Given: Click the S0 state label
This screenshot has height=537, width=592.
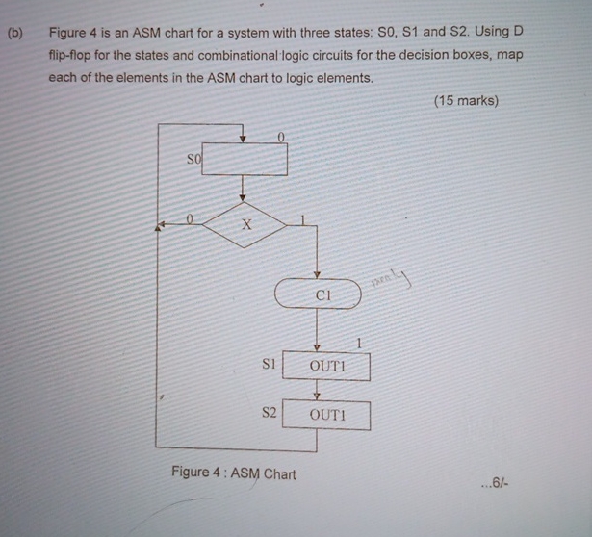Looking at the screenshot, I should click(x=193, y=158).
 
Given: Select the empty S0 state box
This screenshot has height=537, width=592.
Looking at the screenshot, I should click(x=245, y=160).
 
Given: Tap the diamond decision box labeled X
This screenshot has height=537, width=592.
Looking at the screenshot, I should click(x=245, y=224).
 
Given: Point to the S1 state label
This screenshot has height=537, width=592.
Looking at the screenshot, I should click(x=270, y=365).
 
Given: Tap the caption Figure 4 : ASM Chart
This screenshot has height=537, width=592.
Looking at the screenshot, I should click(x=233, y=473).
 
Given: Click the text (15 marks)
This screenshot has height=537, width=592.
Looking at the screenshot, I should click(x=466, y=100).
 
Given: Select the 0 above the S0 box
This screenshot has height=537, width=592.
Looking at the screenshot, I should click(x=280, y=138).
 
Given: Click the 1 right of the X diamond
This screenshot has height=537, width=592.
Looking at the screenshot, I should click(x=301, y=221).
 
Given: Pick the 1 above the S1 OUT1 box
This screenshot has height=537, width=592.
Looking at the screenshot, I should click(x=358, y=344).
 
